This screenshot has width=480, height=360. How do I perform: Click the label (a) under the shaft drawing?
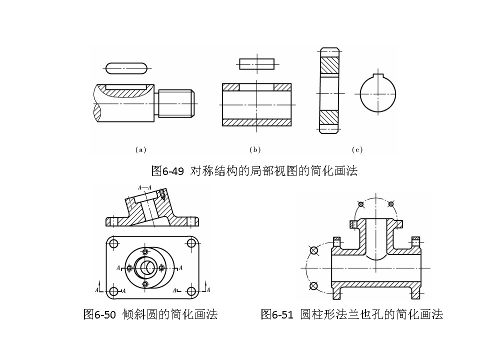(x=140, y=149)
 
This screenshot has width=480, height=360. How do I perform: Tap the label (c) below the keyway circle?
(x=357, y=149)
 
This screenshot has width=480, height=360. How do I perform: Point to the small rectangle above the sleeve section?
(x=256, y=63)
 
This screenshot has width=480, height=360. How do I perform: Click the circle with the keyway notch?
(x=378, y=94)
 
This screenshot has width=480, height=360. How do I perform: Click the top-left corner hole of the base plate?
(x=113, y=243)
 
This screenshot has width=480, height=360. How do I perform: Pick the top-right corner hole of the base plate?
(x=191, y=243)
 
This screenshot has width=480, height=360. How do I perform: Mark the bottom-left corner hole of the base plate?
(x=113, y=291)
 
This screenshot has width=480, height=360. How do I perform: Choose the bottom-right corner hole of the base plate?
(x=191, y=291)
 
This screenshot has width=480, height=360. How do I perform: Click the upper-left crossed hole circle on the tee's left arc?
(x=313, y=250)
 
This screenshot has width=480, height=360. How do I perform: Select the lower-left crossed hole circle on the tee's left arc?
(x=313, y=285)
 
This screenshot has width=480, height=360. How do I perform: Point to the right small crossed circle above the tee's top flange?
(x=391, y=204)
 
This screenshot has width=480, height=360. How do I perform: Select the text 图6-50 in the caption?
(x=99, y=314)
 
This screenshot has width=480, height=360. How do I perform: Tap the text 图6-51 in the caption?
(x=277, y=314)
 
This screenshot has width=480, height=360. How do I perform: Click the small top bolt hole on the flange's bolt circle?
(x=145, y=251)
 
